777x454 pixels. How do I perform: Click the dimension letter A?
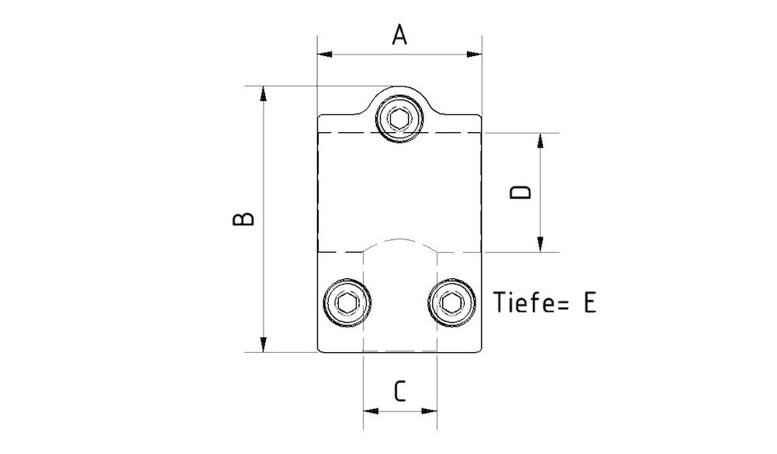(x=399, y=35)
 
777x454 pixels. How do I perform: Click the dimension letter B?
(x=244, y=218)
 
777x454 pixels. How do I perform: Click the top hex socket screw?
(x=399, y=119)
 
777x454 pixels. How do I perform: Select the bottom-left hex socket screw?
(x=347, y=302)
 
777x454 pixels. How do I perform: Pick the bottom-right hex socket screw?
(x=452, y=302)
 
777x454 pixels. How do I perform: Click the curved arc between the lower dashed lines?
(x=399, y=239)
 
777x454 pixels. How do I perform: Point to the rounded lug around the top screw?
(x=399, y=92)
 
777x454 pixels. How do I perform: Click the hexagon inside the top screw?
(x=399, y=119)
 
